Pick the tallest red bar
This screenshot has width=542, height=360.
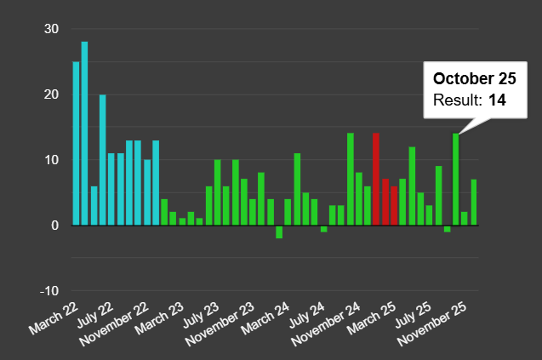click(376, 179)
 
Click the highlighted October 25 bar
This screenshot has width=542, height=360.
click(455, 179)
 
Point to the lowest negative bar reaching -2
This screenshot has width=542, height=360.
click(279, 231)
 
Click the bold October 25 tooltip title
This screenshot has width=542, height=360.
click(474, 79)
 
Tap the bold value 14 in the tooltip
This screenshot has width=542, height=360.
click(497, 100)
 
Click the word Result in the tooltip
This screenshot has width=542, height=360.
click(457, 100)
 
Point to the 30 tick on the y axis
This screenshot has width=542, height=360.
click(52, 29)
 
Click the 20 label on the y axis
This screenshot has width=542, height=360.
click(52, 94)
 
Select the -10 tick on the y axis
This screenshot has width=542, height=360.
click(49, 291)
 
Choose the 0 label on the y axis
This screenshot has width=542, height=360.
click(55, 226)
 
